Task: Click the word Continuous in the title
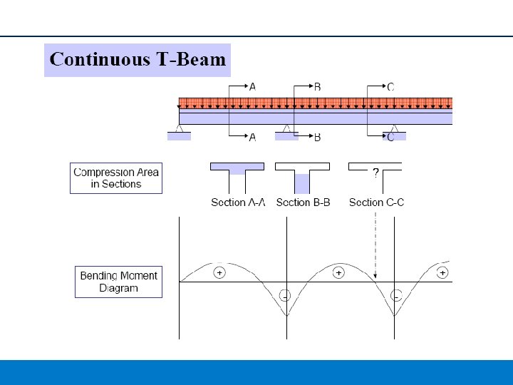[99, 59]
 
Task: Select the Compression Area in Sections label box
[116, 178]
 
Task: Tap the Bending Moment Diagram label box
[118, 282]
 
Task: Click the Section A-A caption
[238, 202]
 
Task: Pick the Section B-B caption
[303, 202]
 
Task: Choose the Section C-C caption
[376, 202]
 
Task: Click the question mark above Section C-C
[375, 173]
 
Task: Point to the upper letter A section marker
[252, 87]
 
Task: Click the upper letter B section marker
[317, 87]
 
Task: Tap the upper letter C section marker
[390, 87]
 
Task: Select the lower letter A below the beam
[252, 137]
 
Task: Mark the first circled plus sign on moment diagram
[219, 273]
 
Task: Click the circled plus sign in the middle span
[338, 273]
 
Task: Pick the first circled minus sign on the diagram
[284, 294]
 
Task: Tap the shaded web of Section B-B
[302, 184]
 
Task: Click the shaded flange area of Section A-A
[237, 168]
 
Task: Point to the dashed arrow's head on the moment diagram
[375, 277]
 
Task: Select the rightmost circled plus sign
[442, 273]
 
